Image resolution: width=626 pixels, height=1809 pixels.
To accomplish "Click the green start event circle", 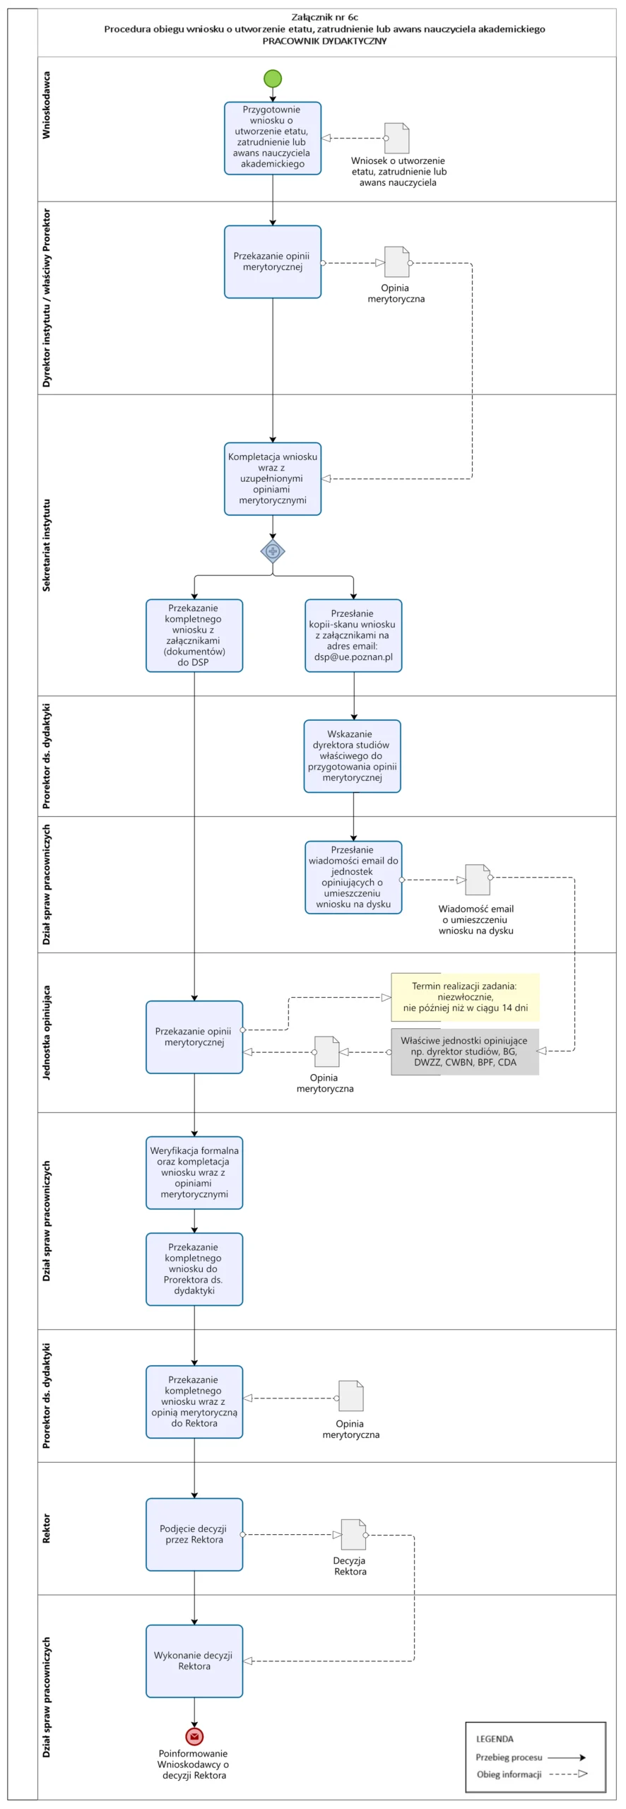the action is point(273,78).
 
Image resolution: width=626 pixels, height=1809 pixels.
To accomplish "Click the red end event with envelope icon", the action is point(194,1736).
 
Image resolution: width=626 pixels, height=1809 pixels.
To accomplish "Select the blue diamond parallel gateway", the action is point(273,550).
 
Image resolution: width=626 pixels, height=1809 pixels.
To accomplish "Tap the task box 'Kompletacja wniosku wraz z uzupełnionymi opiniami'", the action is point(273,479).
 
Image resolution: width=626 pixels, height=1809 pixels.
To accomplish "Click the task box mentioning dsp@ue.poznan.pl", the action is point(353,635).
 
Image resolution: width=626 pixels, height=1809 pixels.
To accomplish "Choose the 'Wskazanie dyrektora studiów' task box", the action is point(353,756).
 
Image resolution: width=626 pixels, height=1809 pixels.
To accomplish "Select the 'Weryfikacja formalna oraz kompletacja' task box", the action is point(194,1172).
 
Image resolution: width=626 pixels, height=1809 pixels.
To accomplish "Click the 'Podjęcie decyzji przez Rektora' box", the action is point(194,1534).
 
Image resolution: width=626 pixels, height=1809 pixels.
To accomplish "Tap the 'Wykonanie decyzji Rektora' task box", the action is point(194,1661).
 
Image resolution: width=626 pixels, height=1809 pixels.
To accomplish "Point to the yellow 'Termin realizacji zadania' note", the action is point(465,997).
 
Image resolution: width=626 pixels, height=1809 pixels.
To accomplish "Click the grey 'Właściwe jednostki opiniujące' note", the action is point(465,1051).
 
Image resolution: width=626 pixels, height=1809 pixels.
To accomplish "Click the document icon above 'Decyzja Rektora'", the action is point(353,1534).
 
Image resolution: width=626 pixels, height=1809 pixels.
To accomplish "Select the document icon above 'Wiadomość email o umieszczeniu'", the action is point(478,880).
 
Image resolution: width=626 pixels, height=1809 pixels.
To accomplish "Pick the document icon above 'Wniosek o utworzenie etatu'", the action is point(397,138).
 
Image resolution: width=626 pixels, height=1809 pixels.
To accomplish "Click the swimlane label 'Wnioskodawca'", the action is point(47,105).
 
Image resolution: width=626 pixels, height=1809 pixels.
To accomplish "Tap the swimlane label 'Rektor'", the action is point(47,1528).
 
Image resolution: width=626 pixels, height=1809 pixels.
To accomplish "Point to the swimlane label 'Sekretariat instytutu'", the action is point(47,545).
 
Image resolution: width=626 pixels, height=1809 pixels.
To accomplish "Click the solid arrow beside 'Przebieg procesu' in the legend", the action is point(567,1757).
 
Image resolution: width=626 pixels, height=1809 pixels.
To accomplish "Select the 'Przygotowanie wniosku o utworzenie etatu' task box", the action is point(273,138).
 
